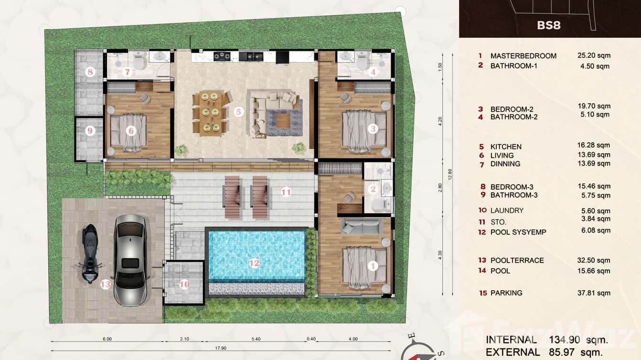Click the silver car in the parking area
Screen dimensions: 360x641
(x=130, y=260)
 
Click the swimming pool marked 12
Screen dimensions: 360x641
(x=256, y=256)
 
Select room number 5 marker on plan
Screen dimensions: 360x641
(x=239, y=112)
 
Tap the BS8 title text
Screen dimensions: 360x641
(x=548, y=25)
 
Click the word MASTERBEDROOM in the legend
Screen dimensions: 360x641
(x=523, y=56)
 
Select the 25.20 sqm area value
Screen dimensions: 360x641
(x=594, y=55)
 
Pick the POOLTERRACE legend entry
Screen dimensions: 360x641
(x=517, y=260)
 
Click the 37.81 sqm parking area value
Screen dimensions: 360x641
(x=594, y=293)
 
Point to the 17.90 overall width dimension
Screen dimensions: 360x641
(x=220, y=348)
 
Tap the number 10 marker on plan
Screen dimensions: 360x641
(x=184, y=285)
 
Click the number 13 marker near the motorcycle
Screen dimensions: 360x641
(x=106, y=285)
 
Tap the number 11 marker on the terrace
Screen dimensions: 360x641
(x=286, y=192)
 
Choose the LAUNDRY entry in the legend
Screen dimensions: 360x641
(x=507, y=210)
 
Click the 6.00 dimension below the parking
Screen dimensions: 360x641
(x=107, y=339)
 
